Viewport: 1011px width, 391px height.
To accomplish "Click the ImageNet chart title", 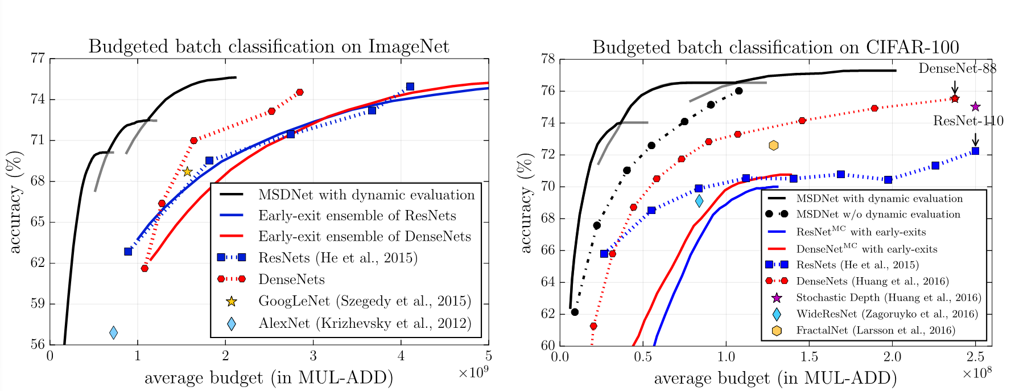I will click(x=269, y=46).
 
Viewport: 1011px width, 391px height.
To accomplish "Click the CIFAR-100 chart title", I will click(x=775, y=47).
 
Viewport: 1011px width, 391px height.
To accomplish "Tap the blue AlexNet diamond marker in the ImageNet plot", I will click(x=113, y=332).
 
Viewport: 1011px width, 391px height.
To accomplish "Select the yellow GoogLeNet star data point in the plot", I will click(x=187, y=171).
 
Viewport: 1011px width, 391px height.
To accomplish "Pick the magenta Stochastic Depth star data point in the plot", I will click(x=975, y=106).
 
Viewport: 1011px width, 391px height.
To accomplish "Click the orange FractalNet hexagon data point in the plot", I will click(x=773, y=146).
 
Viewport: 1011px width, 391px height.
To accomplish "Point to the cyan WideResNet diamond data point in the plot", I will click(x=699, y=200).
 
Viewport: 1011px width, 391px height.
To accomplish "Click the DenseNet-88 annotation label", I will click(x=958, y=68).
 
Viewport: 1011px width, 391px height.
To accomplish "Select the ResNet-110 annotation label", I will click(x=968, y=121).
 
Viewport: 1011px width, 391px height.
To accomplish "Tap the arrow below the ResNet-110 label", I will click(x=975, y=139).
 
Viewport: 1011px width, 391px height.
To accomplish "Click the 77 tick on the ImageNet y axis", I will click(x=38, y=59).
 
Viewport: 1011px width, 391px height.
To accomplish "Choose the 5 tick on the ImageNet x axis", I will click(x=488, y=356).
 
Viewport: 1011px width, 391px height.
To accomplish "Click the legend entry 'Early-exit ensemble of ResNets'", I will click(x=357, y=216).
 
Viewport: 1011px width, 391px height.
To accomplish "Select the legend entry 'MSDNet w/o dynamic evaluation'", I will click(x=878, y=214).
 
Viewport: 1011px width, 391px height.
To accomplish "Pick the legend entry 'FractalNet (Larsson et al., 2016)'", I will click(x=875, y=330).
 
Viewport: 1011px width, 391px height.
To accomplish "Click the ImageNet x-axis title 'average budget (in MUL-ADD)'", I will click(x=269, y=377).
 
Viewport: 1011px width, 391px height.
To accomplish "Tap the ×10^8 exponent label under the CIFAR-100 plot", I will click(x=977, y=373).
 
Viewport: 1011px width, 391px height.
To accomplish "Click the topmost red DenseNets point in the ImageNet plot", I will click(x=300, y=92).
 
